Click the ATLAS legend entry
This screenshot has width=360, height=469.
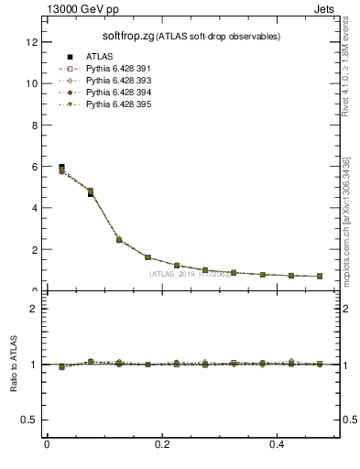97,56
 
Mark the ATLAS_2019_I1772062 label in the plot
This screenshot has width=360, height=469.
191,274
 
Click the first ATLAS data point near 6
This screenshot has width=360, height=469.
61,168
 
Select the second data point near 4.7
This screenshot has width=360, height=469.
90,193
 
